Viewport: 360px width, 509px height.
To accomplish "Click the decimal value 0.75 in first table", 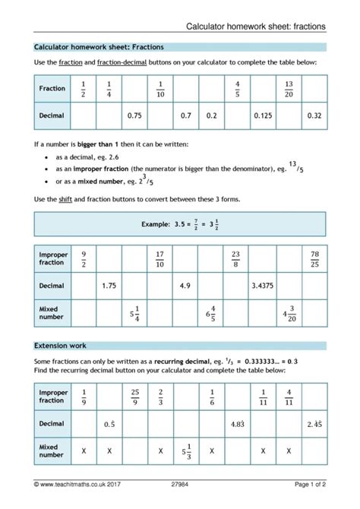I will (135, 115).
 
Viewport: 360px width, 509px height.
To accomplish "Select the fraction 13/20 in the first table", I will (289, 88).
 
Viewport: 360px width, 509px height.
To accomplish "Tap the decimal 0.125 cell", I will (263, 115).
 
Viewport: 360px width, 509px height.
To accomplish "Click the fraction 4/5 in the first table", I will (238, 88).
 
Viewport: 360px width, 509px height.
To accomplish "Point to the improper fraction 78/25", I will (314, 258).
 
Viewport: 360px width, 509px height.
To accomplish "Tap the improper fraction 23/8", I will (236, 258).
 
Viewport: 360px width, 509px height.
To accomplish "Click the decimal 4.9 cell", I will (185, 286).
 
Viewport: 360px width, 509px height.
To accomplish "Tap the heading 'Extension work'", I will (58, 345).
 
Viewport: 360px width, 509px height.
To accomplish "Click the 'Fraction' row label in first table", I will (52, 88).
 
